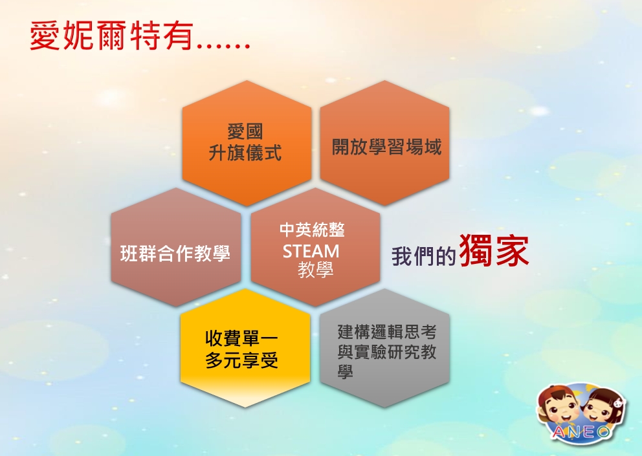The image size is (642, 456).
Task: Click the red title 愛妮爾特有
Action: (x=111, y=36)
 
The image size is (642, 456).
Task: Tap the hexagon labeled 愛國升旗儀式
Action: (x=247, y=143)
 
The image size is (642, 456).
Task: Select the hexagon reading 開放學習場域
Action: (x=384, y=143)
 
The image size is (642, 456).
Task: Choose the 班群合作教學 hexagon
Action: (x=175, y=247)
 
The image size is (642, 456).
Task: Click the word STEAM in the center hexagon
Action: (x=311, y=252)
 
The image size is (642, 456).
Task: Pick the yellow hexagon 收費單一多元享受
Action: (x=245, y=348)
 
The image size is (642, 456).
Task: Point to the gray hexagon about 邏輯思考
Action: (x=384, y=348)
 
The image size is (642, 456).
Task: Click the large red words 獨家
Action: (x=494, y=250)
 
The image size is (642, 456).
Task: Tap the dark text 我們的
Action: (x=423, y=256)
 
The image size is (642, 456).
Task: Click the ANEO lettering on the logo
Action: (x=581, y=432)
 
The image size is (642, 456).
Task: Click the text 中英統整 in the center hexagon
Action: (x=312, y=230)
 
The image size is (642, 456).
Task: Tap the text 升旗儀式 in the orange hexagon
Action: (x=245, y=153)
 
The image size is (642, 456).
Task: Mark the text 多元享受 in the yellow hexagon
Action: (x=242, y=360)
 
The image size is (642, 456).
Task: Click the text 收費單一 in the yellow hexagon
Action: (x=242, y=338)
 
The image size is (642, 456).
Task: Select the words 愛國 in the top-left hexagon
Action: (x=245, y=132)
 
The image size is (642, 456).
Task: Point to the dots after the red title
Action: (x=223, y=46)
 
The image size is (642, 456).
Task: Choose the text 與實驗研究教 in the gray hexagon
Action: (x=387, y=352)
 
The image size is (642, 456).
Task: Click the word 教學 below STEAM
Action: (x=316, y=270)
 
